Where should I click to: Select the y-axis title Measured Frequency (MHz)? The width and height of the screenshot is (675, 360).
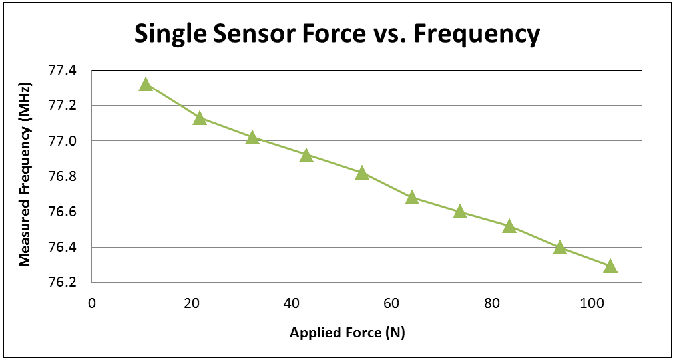point(25,176)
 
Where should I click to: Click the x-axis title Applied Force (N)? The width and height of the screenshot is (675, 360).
point(347,333)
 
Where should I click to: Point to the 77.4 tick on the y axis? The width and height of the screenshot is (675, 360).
point(63,71)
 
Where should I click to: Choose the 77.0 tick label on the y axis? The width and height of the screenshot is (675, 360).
point(63,141)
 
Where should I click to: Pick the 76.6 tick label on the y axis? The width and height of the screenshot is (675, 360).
point(63,212)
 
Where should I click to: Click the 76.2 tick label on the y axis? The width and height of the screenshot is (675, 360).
point(63,283)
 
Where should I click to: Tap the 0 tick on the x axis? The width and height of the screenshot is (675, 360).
point(92,303)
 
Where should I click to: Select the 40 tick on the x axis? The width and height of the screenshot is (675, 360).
point(292,303)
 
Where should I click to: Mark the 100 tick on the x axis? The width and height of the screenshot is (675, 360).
point(591,303)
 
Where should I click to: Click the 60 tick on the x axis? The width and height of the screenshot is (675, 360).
point(392,303)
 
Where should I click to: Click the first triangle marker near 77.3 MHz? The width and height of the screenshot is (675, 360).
point(146,85)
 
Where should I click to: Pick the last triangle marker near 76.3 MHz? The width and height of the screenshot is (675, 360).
point(610,266)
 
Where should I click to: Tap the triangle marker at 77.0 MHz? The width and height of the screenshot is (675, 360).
point(252,138)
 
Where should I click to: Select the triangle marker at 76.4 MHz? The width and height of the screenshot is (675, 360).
point(559,248)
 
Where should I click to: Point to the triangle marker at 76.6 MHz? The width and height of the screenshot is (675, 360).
point(459,212)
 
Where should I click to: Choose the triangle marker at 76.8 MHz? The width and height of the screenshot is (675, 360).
point(362,173)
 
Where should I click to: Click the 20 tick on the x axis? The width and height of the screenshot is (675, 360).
point(192,303)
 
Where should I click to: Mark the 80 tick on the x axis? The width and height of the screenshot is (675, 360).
point(492,303)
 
